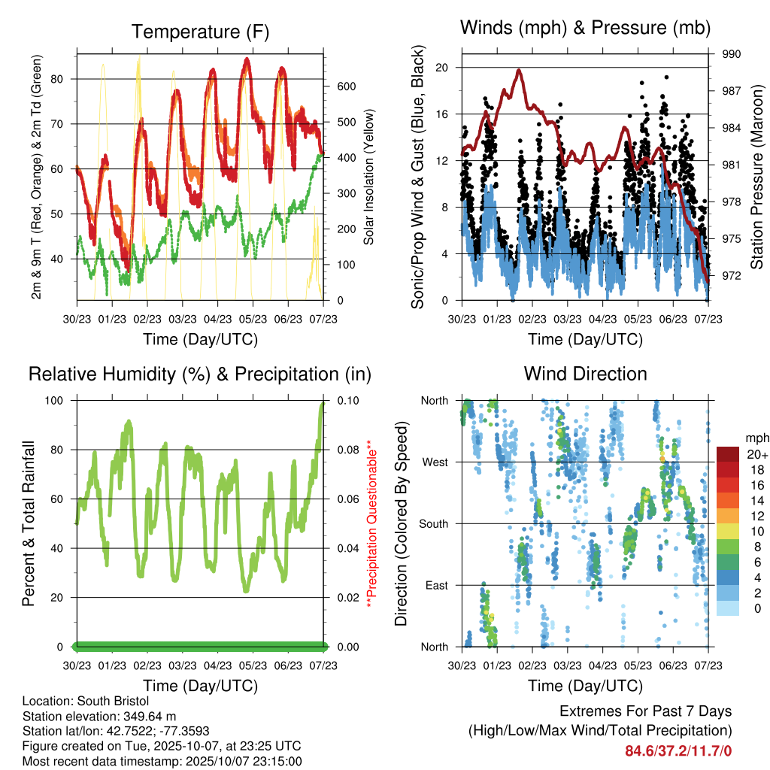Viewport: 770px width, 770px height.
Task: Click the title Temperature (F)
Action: coord(200,32)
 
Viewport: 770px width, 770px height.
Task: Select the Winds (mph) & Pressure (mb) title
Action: coord(585,29)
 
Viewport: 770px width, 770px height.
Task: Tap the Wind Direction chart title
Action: coord(585,374)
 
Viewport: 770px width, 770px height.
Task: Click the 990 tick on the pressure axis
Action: coord(732,54)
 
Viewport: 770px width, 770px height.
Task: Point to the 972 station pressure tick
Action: coord(732,276)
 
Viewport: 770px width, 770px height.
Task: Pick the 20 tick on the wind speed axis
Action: coord(441,68)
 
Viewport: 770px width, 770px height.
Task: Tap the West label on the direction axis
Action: coord(435,462)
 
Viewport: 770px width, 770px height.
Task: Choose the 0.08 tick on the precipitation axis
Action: coord(347,450)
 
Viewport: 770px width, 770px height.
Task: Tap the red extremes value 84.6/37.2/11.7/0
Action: coord(678,750)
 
